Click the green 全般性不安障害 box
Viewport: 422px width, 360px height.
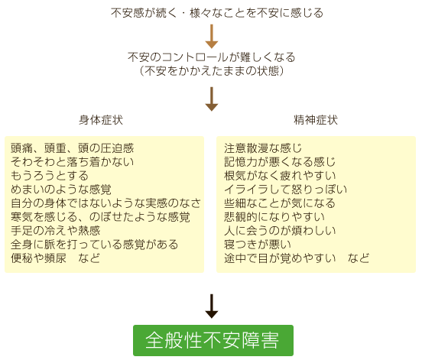point(213,340)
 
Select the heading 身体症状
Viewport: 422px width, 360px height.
point(101,120)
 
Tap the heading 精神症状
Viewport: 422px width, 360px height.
point(316,120)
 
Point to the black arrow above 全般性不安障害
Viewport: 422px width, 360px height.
point(212,306)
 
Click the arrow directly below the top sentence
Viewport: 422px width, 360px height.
point(212,37)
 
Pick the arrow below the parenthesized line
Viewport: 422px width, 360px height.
point(212,99)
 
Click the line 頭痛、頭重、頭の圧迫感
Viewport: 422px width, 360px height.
point(72,148)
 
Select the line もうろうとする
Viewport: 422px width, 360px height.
point(50,176)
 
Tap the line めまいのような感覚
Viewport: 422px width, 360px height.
point(61,190)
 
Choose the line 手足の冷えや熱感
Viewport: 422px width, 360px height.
point(56,231)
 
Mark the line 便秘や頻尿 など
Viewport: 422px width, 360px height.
point(56,258)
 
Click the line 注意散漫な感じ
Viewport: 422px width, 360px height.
point(263,148)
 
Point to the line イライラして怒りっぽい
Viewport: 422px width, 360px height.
point(286,190)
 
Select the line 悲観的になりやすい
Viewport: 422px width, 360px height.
point(274,217)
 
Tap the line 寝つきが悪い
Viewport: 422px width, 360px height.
point(258,245)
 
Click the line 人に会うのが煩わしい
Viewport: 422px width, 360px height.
point(280,231)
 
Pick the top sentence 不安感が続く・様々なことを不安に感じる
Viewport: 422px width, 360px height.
point(217,13)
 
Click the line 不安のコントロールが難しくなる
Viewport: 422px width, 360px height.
point(212,57)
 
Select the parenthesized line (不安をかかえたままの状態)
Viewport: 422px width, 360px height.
point(212,71)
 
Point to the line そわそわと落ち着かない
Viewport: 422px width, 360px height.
point(72,162)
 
